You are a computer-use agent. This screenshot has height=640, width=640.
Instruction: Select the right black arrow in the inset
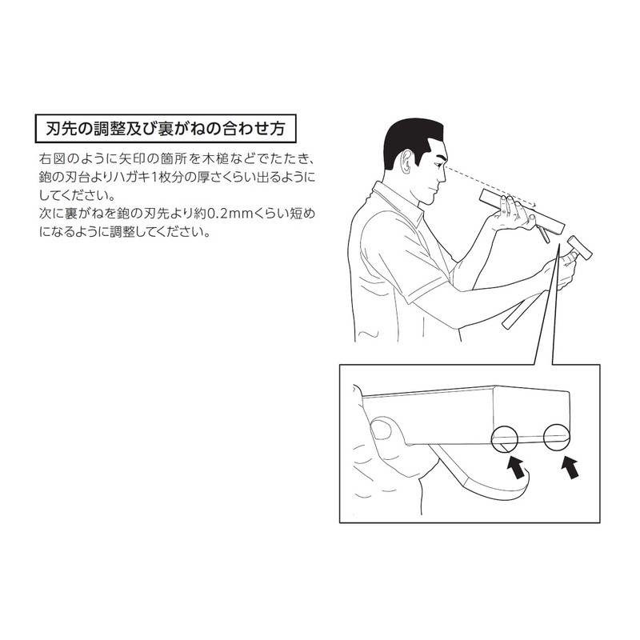point(570,467)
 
